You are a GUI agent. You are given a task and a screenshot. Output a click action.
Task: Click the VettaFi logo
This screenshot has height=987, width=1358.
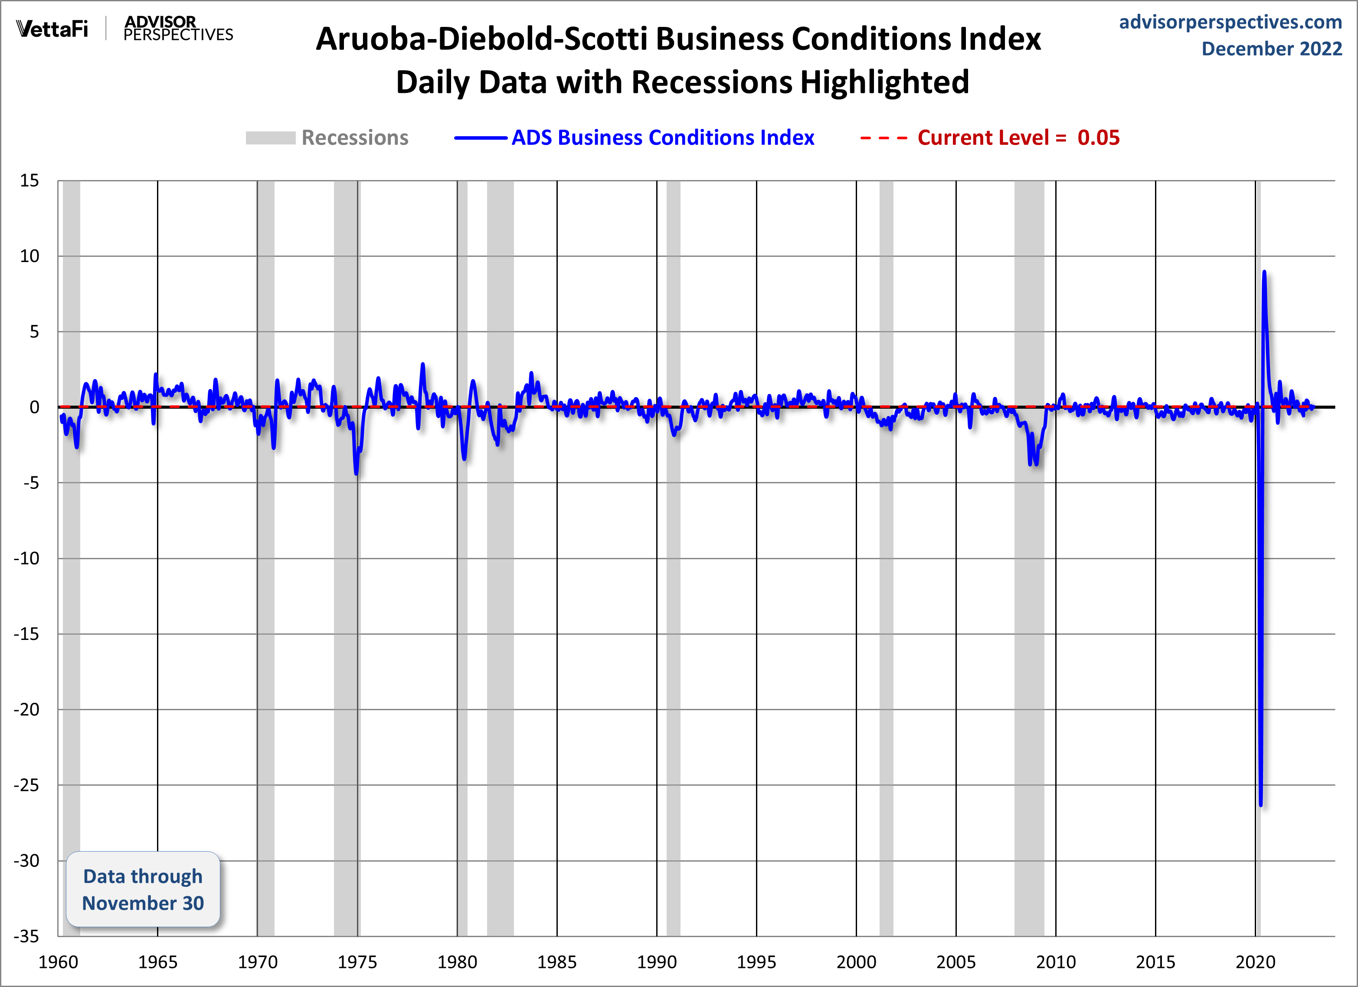coord(52,29)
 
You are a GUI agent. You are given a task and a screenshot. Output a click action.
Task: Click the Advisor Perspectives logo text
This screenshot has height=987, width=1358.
coord(178,29)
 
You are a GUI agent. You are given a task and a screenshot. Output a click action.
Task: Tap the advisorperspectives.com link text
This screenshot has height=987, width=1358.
coord(1230,22)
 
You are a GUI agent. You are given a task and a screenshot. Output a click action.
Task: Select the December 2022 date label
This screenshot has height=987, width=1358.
coord(1271,49)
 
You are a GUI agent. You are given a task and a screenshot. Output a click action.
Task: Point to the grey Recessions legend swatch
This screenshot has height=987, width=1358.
coord(270,138)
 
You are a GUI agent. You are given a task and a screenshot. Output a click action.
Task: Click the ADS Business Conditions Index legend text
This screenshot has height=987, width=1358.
coord(662,138)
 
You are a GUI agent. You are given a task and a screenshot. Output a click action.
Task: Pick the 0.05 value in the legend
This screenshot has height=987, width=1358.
coord(1098,138)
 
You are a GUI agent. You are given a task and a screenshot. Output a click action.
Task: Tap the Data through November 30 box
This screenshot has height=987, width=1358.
coord(143,889)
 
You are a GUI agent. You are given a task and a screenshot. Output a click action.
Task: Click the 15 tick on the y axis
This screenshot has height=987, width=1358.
coord(29,181)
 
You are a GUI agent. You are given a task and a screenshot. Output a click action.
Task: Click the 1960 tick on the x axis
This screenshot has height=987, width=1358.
coord(58,962)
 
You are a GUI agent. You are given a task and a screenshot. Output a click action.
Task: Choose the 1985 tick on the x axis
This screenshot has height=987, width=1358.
coord(557,962)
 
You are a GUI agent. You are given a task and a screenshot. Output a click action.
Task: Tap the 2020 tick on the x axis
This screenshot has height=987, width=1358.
coord(1255,962)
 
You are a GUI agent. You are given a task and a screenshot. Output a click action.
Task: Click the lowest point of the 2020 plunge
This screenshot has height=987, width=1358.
coord(1260,804)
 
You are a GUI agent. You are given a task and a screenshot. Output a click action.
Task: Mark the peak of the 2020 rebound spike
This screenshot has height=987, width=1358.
coord(1264,272)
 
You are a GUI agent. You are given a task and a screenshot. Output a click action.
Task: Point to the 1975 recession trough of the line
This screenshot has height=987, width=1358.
coord(356,474)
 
